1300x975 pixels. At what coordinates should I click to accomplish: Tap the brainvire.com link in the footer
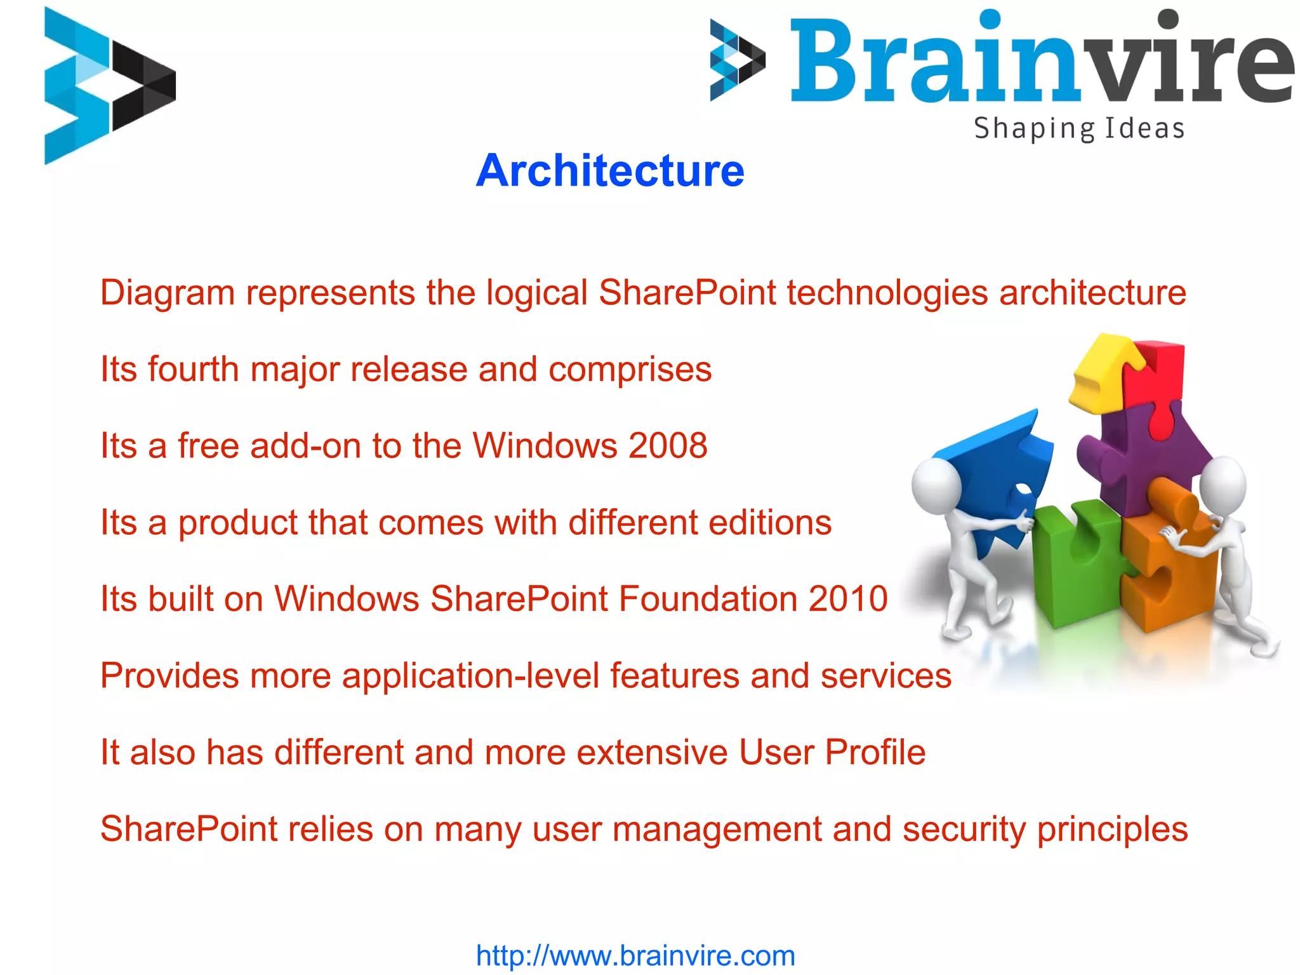(635, 955)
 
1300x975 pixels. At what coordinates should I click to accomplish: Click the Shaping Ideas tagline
(1079, 129)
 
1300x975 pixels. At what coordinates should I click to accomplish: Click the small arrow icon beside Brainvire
(736, 60)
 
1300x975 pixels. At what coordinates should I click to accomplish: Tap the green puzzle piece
(1073, 565)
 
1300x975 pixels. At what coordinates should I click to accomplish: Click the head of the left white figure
(936, 486)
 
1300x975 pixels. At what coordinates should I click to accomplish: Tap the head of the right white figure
(1223, 486)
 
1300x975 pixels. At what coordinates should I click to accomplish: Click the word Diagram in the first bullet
(167, 293)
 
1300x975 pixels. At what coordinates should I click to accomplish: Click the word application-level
(470, 675)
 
